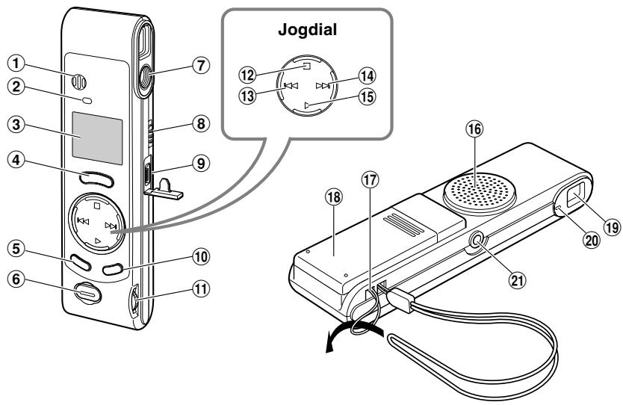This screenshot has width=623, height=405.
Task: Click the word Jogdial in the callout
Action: pyautogui.click(x=307, y=30)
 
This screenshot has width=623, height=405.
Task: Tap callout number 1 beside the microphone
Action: pyautogui.click(x=16, y=63)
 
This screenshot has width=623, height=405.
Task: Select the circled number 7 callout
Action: pyautogui.click(x=201, y=65)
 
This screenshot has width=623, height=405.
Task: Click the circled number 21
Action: pyautogui.click(x=518, y=280)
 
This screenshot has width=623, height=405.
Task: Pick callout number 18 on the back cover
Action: pyautogui.click(x=334, y=197)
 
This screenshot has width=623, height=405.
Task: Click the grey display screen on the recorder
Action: pyautogui.click(x=97, y=138)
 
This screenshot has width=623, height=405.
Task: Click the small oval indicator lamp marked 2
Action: pyautogui.click(x=87, y=101)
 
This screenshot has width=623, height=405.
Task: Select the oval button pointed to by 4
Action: pyautogui.click(x=96, y=179)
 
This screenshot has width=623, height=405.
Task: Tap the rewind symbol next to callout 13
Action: pyautogui.click(x=291, y=85)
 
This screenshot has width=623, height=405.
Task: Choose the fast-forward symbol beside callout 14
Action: pyautogui.click(x=323, y=85)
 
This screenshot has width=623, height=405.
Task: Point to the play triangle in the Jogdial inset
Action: pyautogui.click(x=307, y=105)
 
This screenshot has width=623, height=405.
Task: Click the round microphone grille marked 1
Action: pyautogui.click(x=78, y=82)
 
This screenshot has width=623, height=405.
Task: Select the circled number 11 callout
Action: pyautogui.click(x=201, y=288)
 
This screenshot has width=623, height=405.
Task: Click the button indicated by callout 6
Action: pyautogui.click(x=87, y=294)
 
